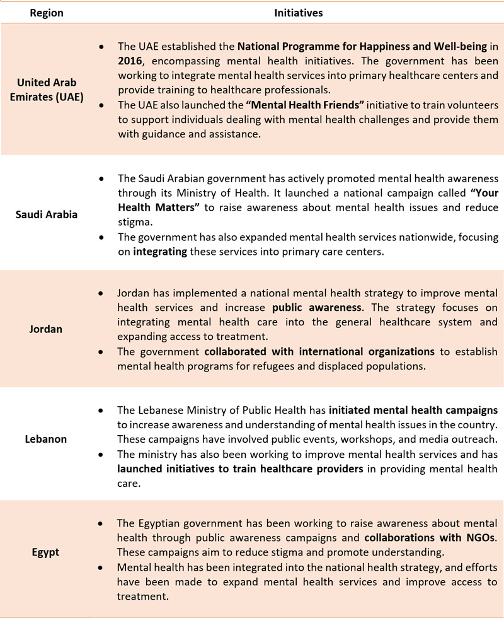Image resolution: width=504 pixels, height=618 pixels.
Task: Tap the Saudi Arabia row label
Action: [47, 214]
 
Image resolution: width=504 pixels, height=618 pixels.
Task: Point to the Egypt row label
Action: [45, 552]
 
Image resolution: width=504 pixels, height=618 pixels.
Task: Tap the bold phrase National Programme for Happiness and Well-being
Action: [353, 47]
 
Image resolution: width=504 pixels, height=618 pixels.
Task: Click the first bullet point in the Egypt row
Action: [101, 524]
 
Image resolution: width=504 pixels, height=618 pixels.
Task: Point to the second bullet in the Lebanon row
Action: [101, 454]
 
